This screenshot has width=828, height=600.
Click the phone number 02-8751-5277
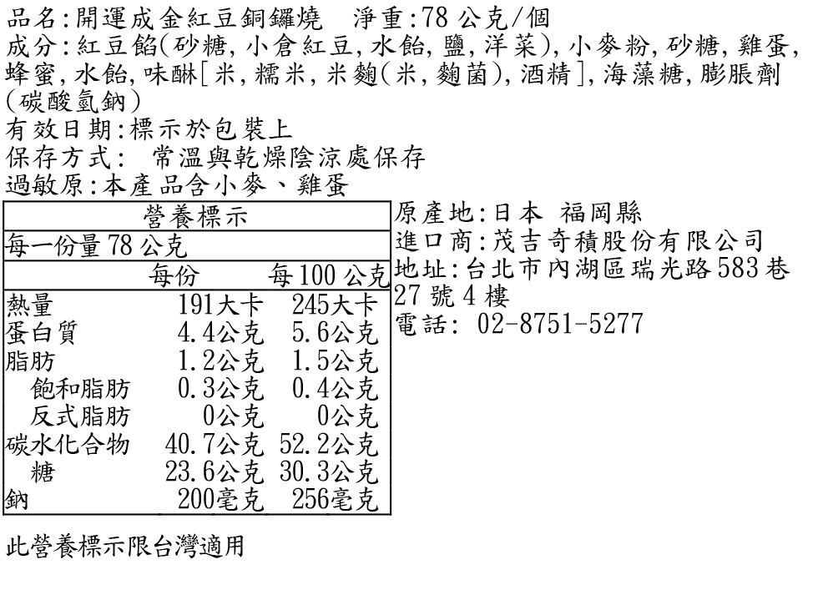pos(558,323)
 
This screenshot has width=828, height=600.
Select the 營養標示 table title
pos(197,217)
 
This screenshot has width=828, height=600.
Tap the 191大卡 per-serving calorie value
pos(220,305)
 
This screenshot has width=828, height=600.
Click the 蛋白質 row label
pos(42,332)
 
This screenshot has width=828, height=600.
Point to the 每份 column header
pos(174,275)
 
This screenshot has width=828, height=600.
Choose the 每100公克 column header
pos(328,275)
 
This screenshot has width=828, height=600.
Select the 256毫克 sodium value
pos(334,500)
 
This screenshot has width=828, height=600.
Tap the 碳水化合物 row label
pos(68,444)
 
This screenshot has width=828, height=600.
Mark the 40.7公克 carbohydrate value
pos(214,444)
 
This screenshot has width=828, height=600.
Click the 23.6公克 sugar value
pos(214,472)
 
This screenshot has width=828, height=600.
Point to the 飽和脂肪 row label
pos(80,388)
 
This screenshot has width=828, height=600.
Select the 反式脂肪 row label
pos(80,416)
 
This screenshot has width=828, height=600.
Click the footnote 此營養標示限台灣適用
pos(125,547)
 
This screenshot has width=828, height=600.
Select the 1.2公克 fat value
pos(220,361)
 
